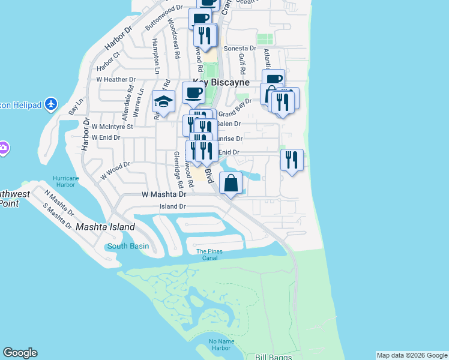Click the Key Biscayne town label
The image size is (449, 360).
221,82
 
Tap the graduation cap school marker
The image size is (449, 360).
163,101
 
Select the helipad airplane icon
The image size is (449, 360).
50,104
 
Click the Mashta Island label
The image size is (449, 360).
105,227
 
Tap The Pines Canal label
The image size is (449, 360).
209,254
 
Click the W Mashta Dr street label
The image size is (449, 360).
164,194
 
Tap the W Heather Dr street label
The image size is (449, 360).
116,79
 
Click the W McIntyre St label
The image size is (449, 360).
112,127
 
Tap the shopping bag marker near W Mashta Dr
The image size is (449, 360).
231,183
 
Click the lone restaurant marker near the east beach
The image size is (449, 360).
292,160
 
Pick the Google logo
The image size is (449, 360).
20,353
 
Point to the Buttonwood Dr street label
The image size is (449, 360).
163,17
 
